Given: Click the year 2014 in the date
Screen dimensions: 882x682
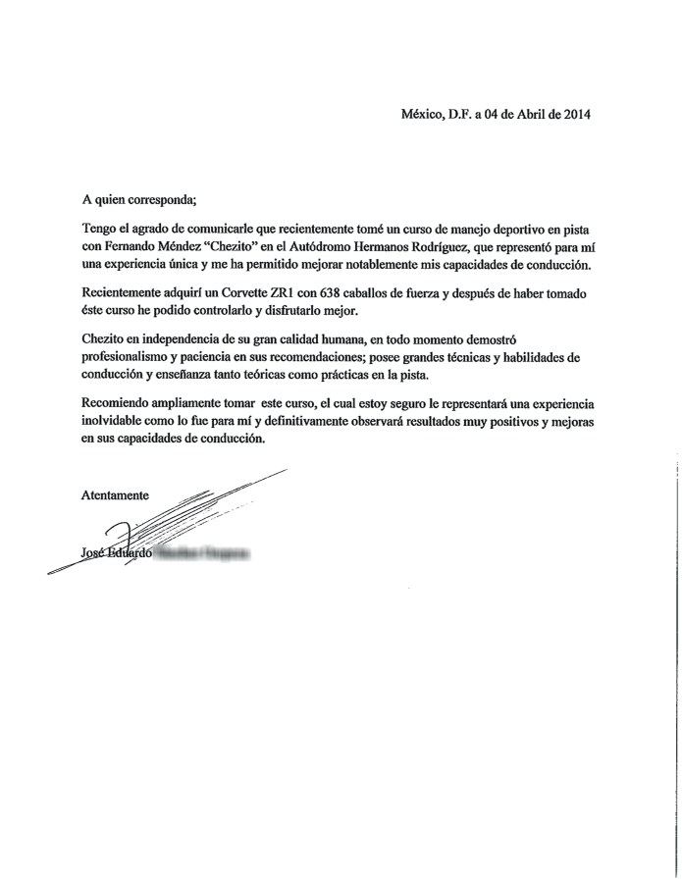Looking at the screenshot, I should point(574,114).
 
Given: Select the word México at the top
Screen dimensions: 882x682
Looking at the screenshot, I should point(423,114).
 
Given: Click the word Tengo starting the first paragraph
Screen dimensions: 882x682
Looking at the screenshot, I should point(99,229).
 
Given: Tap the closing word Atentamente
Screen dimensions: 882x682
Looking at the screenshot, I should point(115,495).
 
